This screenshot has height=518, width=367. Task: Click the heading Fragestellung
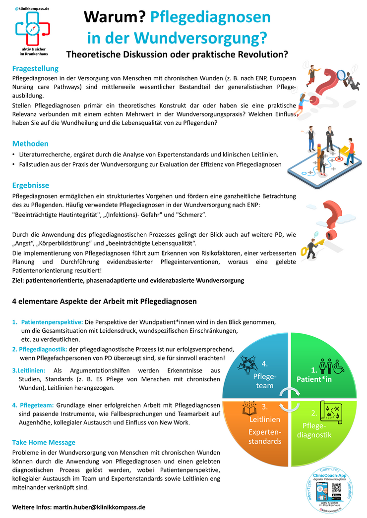[x=35, y=68]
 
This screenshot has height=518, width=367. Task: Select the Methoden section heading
[x=30, y=144]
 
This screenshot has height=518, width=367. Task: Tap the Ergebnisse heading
[x=31, y=185]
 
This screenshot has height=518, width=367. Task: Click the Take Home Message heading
[x=44, y=442]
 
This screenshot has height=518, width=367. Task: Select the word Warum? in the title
[x=114, y=18]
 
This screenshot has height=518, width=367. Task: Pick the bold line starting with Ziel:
[x=128, y=280]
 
